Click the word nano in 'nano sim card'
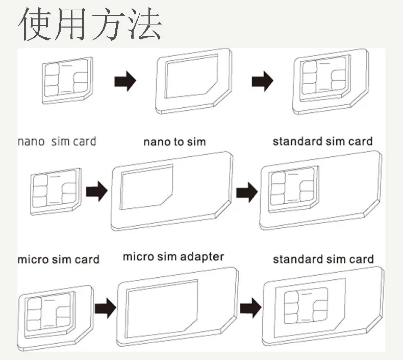pyautogui.click(x=31, y=141)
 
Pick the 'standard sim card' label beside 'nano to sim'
pyautogui.click(x=322, y=141)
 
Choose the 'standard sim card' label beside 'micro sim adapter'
pyautogui.click(x=323, y=259)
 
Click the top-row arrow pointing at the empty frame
pyautogui.click(x=124, y=81)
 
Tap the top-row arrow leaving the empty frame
pyautogui.click(x=262, y=81)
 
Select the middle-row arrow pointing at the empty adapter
pyautogui.click(x=96, y=193)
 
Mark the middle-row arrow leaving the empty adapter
pyautogui.click(x=246, y=193)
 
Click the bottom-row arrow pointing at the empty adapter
pyautogui.click(x=104, y=308)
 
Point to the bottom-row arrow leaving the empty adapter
pyautogui.click(x=250, y=308)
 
